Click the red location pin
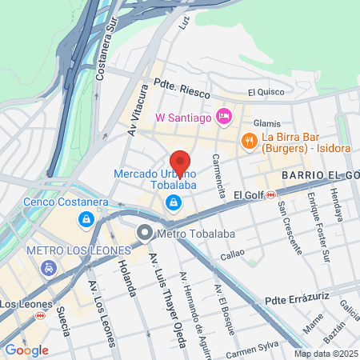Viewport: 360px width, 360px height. click(x=181, y=163)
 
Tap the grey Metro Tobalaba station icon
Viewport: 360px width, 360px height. click(x=145, y=234)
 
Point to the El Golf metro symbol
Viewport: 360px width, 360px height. click(x=271, y=194)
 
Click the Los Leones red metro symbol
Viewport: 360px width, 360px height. click(x=41, y=316)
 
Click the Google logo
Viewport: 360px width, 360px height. click(x=26, y=350)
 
